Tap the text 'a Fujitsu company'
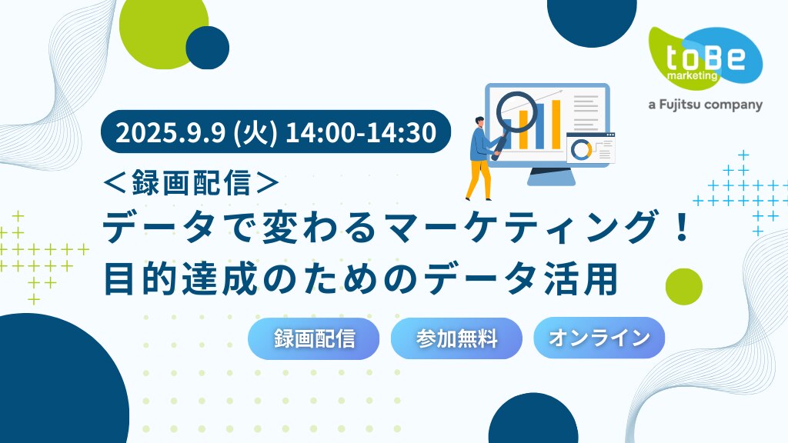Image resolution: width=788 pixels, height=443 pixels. click(x=705, y=105)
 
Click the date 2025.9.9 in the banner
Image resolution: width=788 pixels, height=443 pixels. click(x=170, y=132)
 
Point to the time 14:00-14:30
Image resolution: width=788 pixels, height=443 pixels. click(x=360, y=132)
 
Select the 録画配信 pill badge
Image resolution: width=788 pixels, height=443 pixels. click(x=314, y=338)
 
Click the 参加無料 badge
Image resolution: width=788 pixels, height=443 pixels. click(x=456, y=338)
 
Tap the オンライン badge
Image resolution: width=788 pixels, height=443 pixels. click(x=599, y=338)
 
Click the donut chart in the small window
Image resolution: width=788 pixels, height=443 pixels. click(x=582, y=150)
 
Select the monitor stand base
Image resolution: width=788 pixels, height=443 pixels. click(x=551, y=176)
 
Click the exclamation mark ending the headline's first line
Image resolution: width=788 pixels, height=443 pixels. click(x=682, y=227)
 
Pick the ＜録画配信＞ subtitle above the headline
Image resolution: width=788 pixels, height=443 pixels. click(x=191, y=182)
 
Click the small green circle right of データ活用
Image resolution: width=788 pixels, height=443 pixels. click(x=683, y=287)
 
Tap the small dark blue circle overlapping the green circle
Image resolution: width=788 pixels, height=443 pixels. click(x=208, y=48)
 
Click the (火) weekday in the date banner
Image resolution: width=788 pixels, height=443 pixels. click(x=255, y=133)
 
